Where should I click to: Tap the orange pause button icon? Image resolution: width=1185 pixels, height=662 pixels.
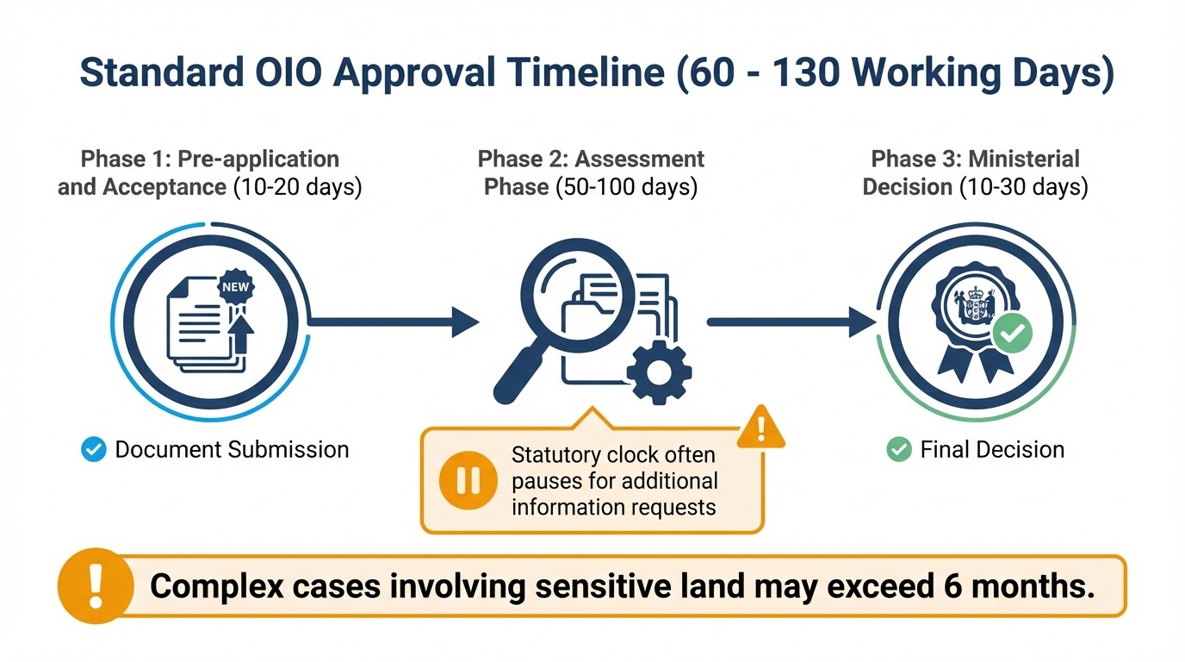coord(468,480)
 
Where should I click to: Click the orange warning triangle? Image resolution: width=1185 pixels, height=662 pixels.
coord(761,427)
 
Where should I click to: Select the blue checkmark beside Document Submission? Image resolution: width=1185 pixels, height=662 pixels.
coord(93,449)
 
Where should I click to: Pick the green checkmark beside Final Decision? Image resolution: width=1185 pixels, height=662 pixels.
coord(899,449)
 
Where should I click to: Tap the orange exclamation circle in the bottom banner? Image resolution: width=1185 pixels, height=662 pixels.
coord(95,586)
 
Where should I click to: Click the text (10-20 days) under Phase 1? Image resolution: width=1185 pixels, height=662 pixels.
coord(297,187)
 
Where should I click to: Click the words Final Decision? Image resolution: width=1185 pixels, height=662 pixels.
coord(992,449)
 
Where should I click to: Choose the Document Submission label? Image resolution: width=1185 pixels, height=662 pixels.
coord(232,449)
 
